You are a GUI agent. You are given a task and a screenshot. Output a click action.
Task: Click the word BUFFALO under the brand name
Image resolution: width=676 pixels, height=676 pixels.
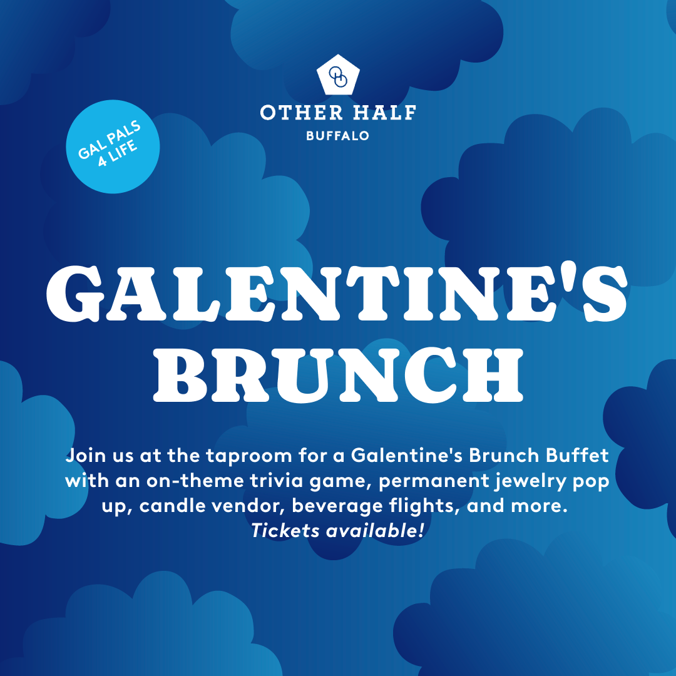tap(338, 135)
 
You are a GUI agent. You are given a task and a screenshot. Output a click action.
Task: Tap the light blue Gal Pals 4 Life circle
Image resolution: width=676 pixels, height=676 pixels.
tap(113, 146)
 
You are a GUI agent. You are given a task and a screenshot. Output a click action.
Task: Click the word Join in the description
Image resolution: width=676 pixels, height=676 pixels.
tap(85, 455)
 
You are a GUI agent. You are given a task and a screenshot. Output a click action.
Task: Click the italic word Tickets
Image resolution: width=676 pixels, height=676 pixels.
tap(280, 531)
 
